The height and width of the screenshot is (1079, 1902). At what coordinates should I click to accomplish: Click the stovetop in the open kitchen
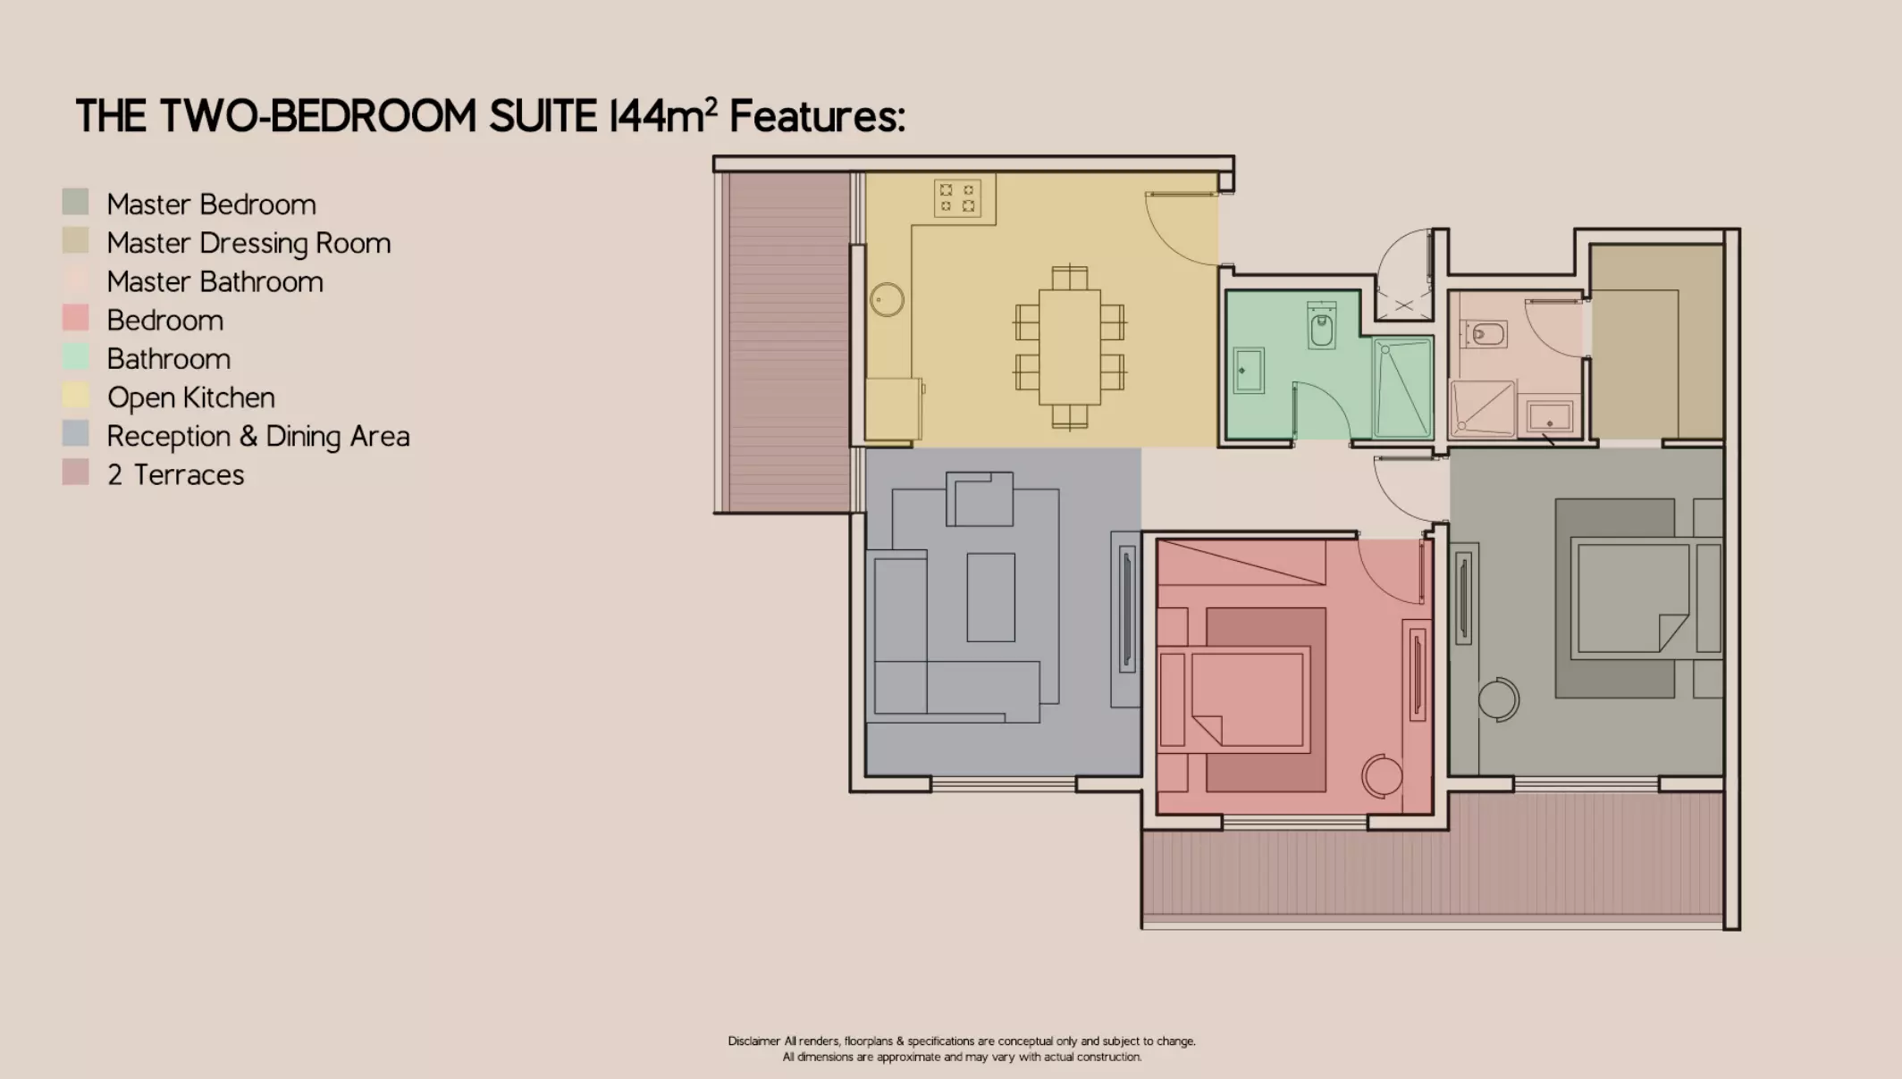(957, 198)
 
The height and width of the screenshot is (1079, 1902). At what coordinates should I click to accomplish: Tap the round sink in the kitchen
(887, 299)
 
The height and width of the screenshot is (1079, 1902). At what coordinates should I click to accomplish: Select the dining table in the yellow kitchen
(1069, 347)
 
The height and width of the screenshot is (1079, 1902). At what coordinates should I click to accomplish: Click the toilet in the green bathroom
(1322, 327)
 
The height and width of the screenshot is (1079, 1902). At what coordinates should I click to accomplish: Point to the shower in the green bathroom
(1403, 388)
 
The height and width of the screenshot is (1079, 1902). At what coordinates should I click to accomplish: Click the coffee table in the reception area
(990, 597)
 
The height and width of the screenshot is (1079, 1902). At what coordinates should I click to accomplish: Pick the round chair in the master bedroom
(1498, 698)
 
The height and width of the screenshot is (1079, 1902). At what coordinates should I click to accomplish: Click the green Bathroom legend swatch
(76, 357)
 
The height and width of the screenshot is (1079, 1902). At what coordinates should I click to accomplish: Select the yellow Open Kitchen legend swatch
(76, 396)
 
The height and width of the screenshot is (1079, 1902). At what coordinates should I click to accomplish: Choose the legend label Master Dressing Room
(248, 243)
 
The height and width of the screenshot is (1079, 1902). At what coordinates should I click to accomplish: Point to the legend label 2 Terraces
(175, 474)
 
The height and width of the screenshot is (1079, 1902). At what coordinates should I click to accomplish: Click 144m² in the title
(662, 115)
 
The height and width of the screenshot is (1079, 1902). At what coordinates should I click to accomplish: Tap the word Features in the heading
(817, 116)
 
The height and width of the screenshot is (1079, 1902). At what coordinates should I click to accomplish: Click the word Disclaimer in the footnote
(753, 1041)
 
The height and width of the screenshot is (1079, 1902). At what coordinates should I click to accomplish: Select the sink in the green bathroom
(1249, 370)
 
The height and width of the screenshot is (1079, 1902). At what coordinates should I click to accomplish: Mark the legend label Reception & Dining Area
(258, 436)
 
